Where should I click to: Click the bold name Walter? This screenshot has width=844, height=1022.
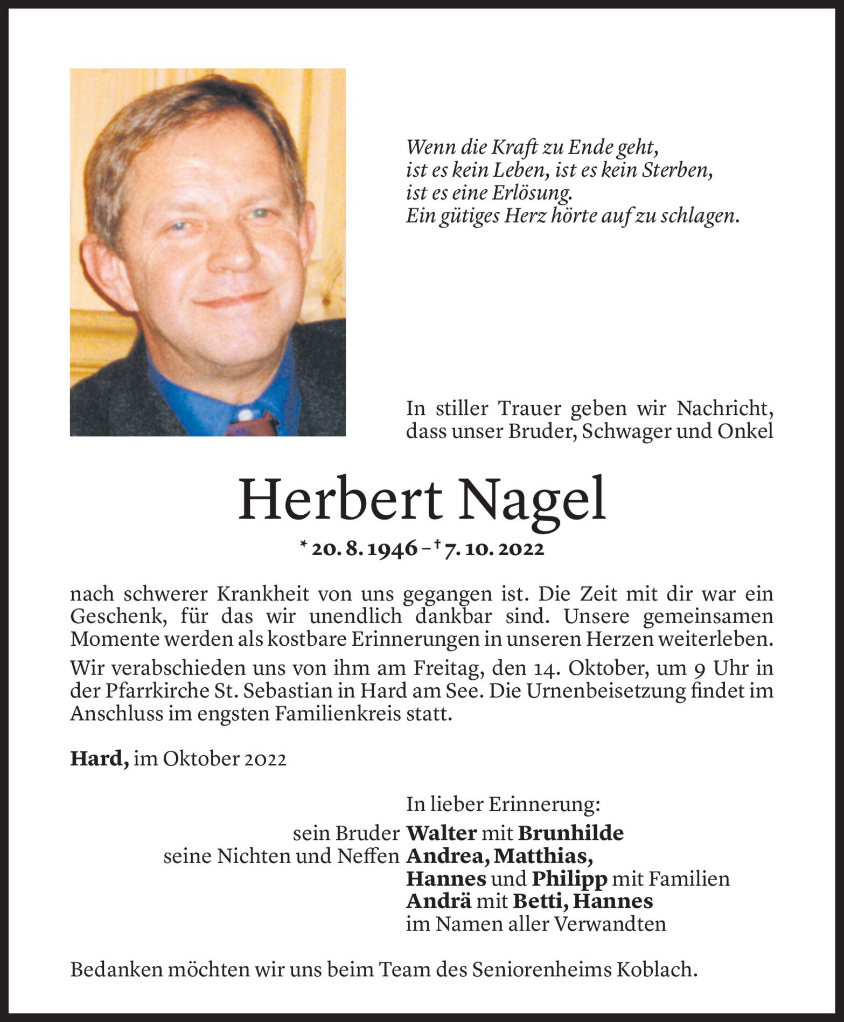pyautogui.click(x=441, y=833)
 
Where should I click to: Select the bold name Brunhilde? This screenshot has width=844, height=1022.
pyautogui.click(x=570, y=833)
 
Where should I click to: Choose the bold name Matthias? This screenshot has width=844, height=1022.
pyautogui.click(x=543, y=856)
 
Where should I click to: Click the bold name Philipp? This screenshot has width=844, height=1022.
pyautogui.click(x=569, y=879)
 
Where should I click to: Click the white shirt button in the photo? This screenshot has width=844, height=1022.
pyautogui.click(x=245, y=415)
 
